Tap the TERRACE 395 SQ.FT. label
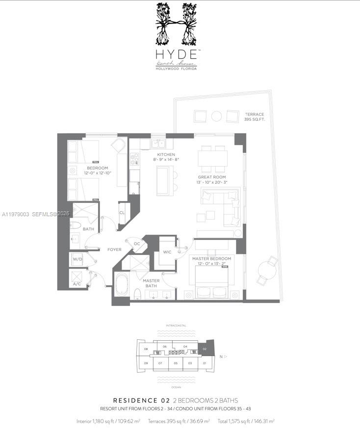254,117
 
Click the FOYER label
114,250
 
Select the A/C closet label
77,283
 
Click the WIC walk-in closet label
167,252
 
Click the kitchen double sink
158,144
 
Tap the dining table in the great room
212,159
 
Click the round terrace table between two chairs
216,116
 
